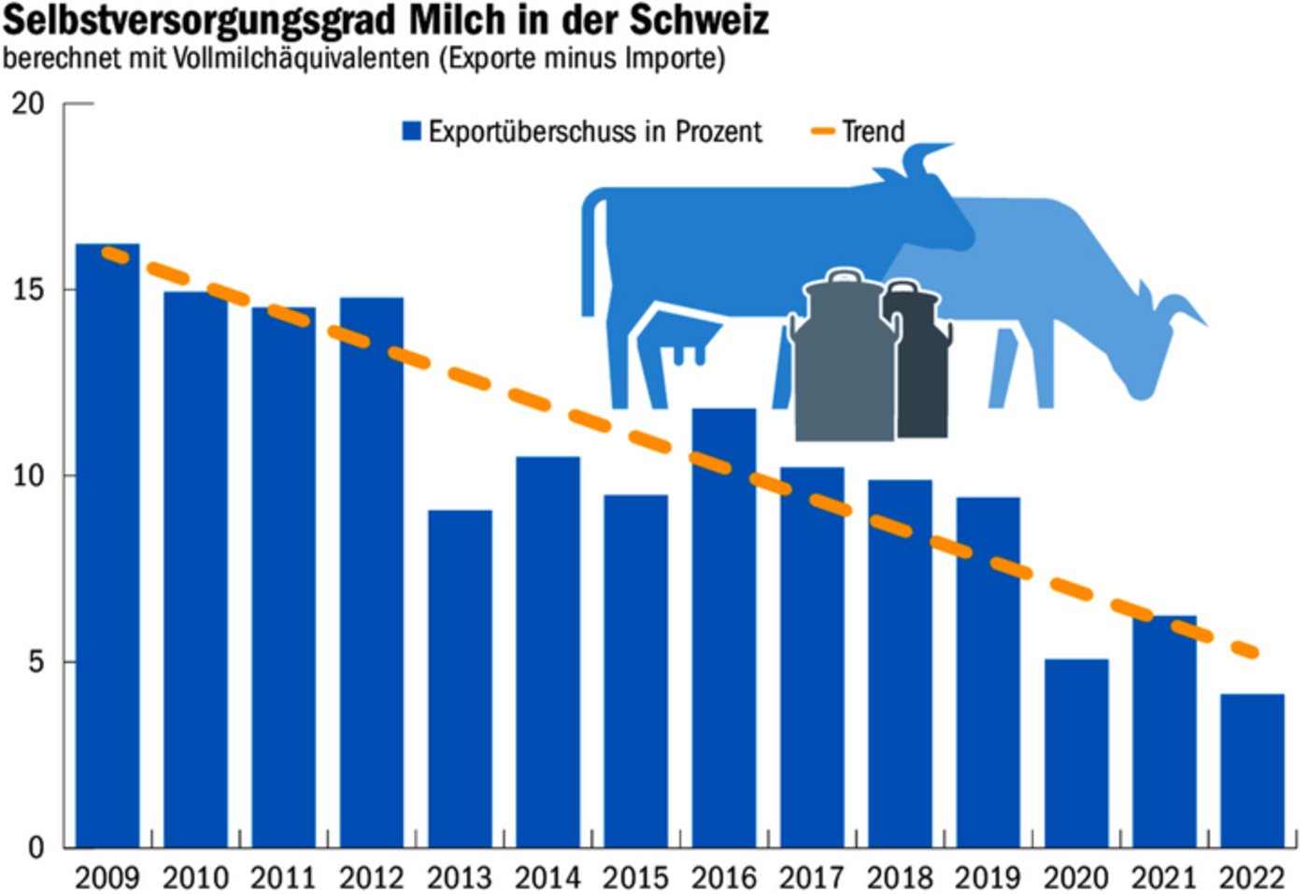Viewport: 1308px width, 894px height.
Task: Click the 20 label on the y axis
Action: (29, 104)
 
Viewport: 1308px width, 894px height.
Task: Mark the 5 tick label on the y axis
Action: (36, 661)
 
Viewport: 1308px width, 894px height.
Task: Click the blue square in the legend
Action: (411, 131)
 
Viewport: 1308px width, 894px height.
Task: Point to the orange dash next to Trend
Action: (822, 131)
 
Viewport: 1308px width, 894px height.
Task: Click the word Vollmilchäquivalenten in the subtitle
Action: (299, 58)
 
